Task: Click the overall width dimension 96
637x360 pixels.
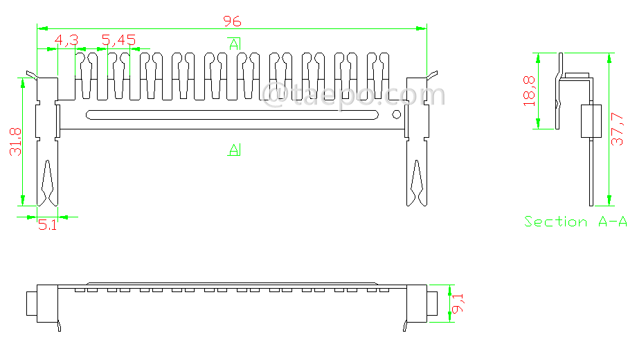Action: point(232,21)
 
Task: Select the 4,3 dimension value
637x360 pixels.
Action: point(66,41)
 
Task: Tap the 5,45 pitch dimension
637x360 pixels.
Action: point(118,41)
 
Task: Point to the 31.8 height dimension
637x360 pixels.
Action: point(15,141)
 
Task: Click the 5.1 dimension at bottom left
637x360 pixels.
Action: point(47,225)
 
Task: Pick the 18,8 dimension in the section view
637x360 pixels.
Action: point(530,91)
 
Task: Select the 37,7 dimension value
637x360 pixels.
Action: point(620,131)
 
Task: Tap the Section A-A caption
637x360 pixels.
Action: point(575,222)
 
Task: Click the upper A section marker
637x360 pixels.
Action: point(235,44)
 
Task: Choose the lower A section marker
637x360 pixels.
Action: point(235,149)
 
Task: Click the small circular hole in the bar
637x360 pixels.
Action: point(397,114)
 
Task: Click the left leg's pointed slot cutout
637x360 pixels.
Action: point(47,183)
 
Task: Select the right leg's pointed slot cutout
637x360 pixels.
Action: point(417,183)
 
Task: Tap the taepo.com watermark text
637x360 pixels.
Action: point(353,94)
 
